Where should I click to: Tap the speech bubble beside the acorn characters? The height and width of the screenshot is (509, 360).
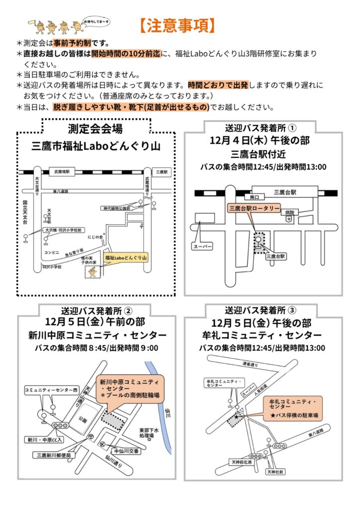[97, 21]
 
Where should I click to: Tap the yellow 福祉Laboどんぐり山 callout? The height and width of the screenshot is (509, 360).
[127, 258]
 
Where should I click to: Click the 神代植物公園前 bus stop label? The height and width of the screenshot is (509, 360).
[116, 208]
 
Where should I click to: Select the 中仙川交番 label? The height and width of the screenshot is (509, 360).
[127, 451]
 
